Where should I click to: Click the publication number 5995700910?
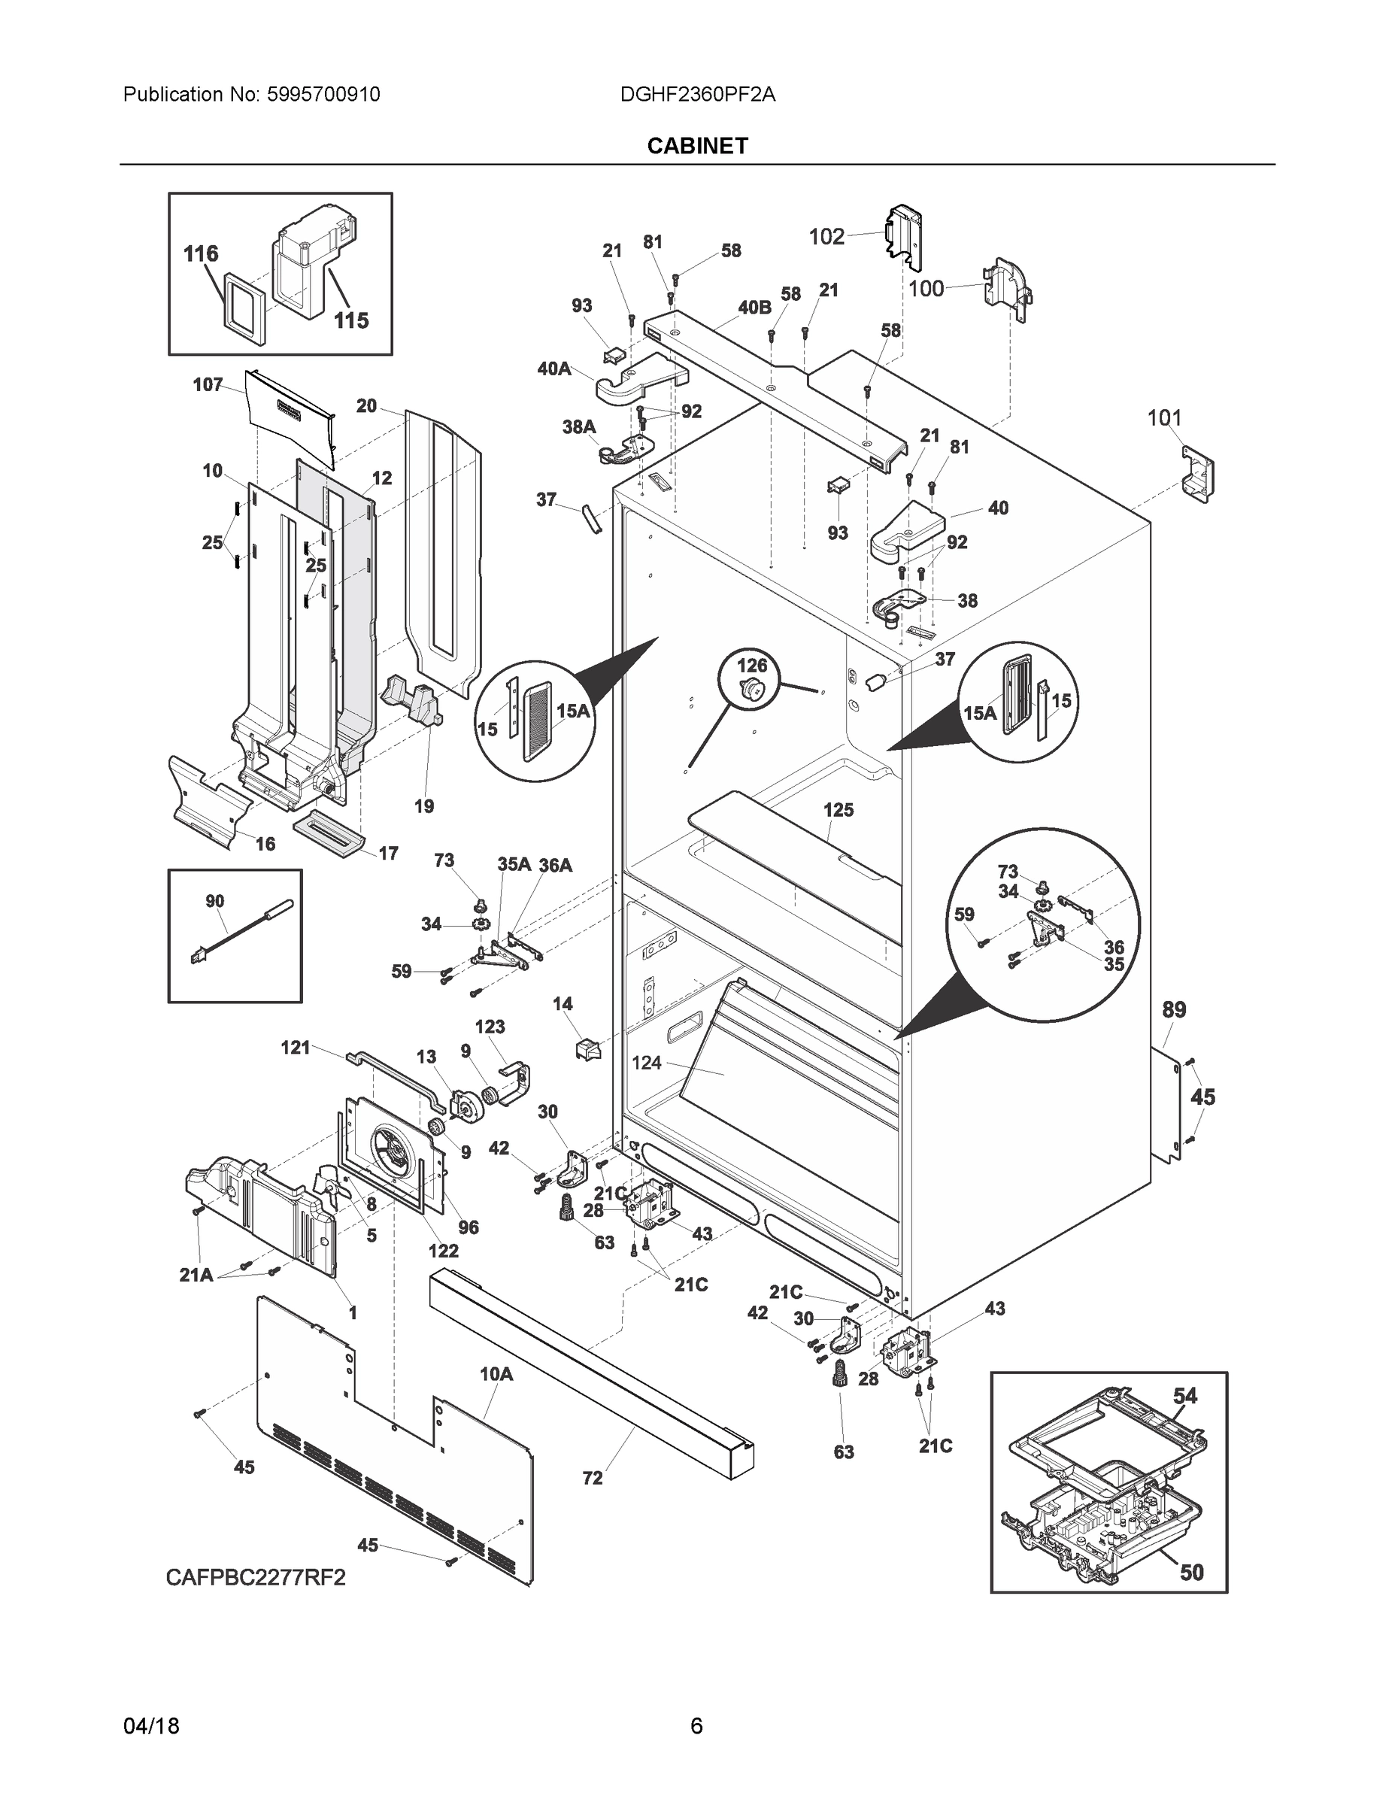pyautogui.click(x=323, y=94)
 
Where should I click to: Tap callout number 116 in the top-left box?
pyautogui.click(x=201, y=253)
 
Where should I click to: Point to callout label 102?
pyautogui.click(x=826, y=237)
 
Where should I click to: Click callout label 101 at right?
pyautogui.click(x=1163, y=418)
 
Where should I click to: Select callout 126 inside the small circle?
pyautogui.click(x=752, y=665)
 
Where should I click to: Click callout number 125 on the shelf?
pyautogui.click(x=838, y=810)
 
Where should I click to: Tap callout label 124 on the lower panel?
pyautogui.click(x=646, y=1063)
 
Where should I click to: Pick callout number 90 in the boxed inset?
pyautogui.click(x=215, y=901)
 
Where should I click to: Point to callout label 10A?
pyautogui.click(x=496, y=1374)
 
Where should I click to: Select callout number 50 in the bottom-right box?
pyautogui.click(x=1191, y=1573)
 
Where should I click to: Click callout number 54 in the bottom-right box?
pyautogui.click(x=1184, y=1396)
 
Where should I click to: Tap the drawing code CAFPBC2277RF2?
pyautogui.click(x=256, y=1578)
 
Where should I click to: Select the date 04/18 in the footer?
pyautogui.click(x=151, y=1726)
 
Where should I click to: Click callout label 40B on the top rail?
pyautogui.click(x=754, y=308)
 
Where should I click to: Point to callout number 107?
pyautogui.click(x=208, y=384)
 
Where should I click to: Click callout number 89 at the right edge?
pyautogui.click(x=1173, y=1009)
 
